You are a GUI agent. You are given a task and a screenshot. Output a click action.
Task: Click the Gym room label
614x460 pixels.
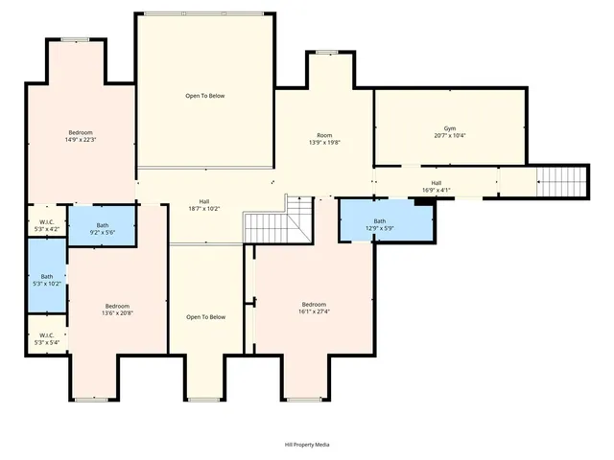[449, 128]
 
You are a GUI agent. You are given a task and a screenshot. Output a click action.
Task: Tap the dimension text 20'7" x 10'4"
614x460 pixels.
[449, 136]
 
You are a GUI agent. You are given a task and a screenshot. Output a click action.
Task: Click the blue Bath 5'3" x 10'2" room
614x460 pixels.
[46, 279]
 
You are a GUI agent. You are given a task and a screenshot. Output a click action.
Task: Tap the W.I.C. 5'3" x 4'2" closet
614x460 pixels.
[46, 224]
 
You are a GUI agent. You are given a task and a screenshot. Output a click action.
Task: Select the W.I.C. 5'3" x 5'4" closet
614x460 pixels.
[46, 338]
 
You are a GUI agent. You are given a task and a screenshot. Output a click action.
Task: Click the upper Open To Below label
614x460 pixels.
[205, 96]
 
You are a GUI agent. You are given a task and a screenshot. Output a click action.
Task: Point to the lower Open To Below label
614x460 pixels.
[205, 317]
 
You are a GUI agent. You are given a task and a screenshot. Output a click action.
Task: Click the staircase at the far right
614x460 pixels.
[559, 179]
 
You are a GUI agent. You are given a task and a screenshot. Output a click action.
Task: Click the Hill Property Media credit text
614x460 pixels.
[306, 445]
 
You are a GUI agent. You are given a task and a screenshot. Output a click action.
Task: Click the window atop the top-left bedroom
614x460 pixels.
[76, 40]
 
